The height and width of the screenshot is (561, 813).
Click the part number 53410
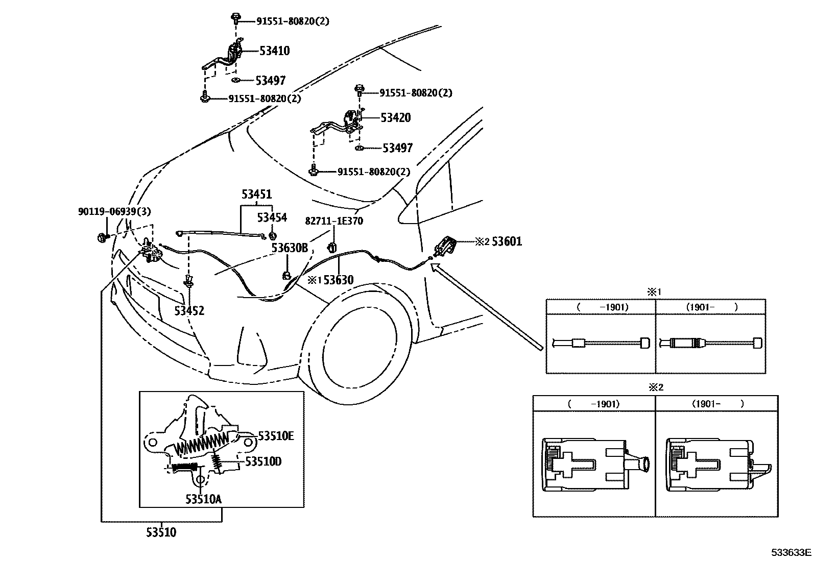(274, 51)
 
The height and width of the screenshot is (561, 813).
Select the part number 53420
(395, 118)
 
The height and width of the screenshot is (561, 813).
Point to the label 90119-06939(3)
(114, 211)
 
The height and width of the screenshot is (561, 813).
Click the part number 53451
(256, 194)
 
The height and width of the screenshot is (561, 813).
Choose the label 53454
(272, 217)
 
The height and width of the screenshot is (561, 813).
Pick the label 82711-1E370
(334, 221)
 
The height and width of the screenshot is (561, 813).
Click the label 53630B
(290, 248)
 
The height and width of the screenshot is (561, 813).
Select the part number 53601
(507, 241)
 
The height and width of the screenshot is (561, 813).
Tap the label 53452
(189, 310)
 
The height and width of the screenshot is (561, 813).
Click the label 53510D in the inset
(263, 461)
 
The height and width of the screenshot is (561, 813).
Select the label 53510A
(203, 499)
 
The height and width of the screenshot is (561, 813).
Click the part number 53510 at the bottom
(161, 532)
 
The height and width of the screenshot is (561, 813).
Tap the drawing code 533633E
(791, 552)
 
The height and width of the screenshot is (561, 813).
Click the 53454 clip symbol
(272, 235)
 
